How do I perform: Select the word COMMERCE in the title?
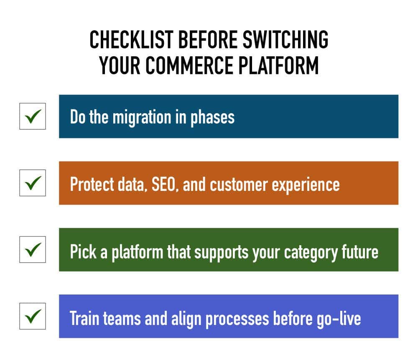coord(187,65)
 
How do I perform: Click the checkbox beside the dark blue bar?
coord(33,116)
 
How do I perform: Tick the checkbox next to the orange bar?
coord(33,183)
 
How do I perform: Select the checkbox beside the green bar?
coord(33,249)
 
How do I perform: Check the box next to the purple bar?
coord(33,316)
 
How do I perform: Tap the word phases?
coord(212,117)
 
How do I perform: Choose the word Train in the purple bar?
coord(83,318)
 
